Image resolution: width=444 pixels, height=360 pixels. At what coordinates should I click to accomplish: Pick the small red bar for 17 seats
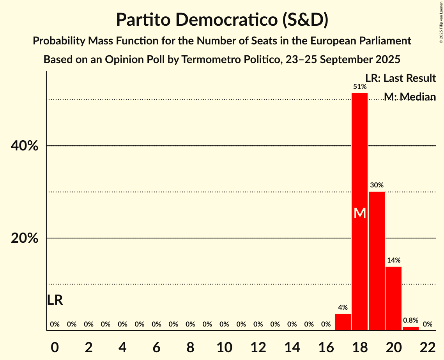(x=343, y=322)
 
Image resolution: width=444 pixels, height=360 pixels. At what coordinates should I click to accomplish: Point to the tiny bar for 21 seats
(x=410, y=328)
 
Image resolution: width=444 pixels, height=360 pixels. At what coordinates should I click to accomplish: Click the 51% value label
(x=359, y=86)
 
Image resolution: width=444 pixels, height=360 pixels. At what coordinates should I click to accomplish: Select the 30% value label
(x=377, y=185)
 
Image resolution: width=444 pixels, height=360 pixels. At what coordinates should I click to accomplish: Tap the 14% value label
(x=393, y=260)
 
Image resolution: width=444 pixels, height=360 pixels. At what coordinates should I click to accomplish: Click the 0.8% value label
(x=410, y=320)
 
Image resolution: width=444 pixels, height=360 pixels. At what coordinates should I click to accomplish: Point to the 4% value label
(x=343, y=307)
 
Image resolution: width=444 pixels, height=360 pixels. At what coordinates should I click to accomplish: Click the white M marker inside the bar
(x=360, y=213)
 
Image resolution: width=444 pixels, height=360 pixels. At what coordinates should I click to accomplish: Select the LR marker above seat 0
(x=55, y=300)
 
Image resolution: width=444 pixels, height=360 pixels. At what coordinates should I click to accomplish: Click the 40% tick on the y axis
(x=24, y=146)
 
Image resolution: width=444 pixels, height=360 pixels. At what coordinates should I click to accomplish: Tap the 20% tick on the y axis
(x=24, y=238)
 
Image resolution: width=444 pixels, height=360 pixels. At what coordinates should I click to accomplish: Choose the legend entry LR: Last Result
(x=400, y=78)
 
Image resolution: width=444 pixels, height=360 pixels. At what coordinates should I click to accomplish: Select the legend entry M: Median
(x=409, y=97)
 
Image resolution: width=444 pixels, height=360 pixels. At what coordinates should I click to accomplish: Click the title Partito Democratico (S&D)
(x=222, y=19)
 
